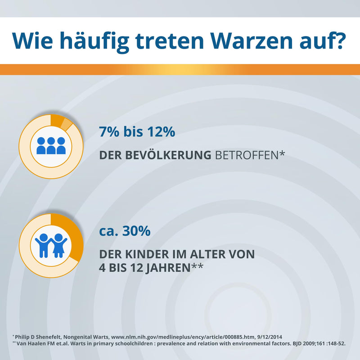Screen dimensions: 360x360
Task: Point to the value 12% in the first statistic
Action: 159,132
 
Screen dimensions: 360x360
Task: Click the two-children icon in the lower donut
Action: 51,245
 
